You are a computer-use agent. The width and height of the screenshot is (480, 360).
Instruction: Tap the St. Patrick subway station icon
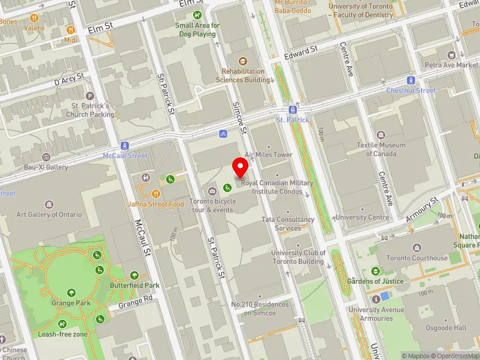[292, 109]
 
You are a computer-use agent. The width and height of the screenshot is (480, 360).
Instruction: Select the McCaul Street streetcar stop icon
[125, 145]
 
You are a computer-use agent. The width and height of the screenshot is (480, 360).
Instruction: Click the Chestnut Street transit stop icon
[411, 80]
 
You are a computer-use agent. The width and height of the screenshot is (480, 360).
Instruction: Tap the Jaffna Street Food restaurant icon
[155, 193]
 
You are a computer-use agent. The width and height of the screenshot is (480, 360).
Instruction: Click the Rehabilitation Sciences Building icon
[243, 61]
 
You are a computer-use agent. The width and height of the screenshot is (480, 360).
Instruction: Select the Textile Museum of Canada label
[381, 149]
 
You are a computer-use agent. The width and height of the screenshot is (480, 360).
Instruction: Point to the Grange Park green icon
[71, 293]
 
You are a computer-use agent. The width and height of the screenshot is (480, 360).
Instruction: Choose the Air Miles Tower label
[268, 155]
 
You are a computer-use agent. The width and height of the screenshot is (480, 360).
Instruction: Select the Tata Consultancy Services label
[288, 224]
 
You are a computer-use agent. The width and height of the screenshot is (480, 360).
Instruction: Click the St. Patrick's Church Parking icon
[90, 95]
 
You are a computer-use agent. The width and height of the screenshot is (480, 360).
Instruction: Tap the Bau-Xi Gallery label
[46, 167]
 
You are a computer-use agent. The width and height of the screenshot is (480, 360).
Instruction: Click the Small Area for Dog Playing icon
[197, 15]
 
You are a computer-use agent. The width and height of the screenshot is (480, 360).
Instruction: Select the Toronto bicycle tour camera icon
[212, 191]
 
